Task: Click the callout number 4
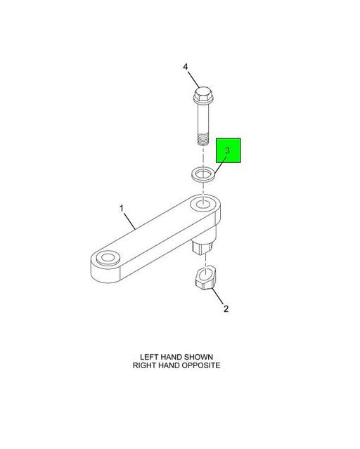coord(186,67)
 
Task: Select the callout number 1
coord(122,208)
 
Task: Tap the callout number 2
coord(226,309)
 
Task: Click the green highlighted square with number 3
coord(228,150)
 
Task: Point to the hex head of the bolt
coord(203,96)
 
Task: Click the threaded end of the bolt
coord(203,140)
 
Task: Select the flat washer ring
coord(203,175)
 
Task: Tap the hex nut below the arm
coord(205,278)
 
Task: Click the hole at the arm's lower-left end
coord(108,257)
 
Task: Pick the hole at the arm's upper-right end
coord(203,204)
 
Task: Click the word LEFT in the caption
coord(149,357)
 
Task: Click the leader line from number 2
coord(217,297)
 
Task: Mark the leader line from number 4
coord(194,79)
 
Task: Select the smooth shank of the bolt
coord(203,119)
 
